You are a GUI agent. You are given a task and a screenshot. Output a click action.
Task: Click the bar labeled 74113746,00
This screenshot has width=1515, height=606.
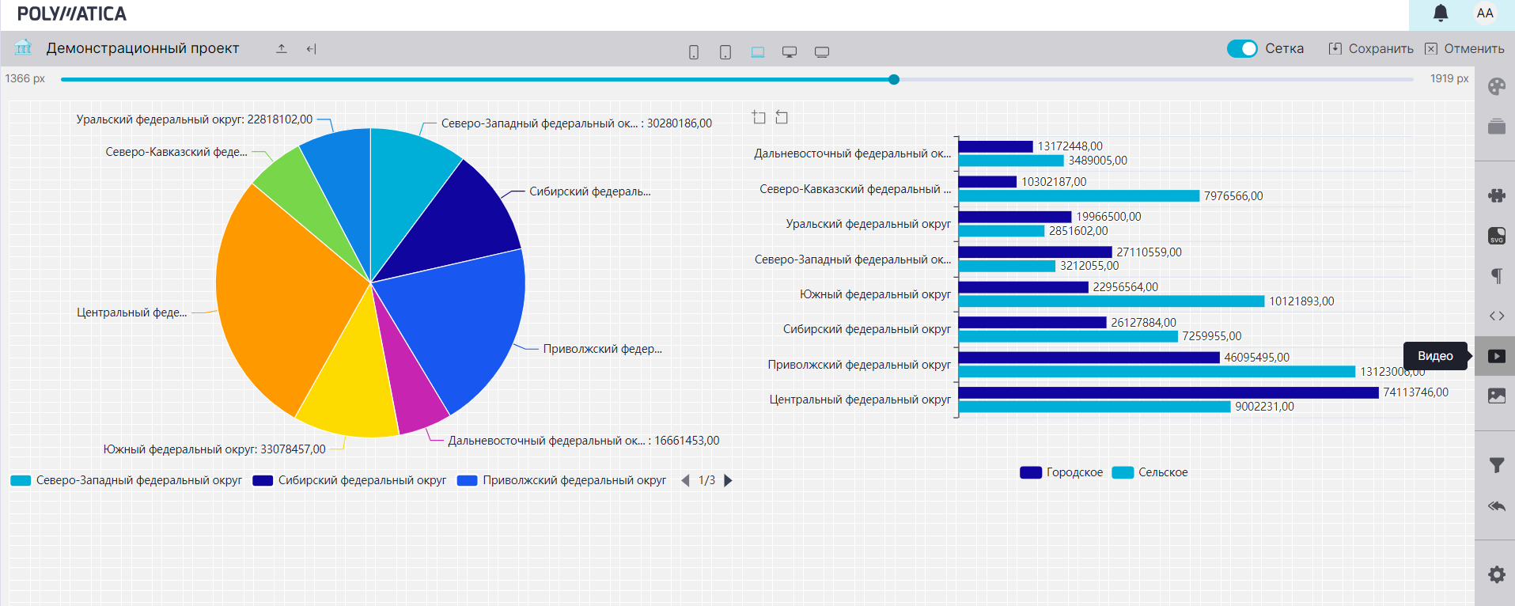(x=1168, y=392)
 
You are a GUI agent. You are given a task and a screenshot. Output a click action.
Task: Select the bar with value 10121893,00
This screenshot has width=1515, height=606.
(x=1111, y=301)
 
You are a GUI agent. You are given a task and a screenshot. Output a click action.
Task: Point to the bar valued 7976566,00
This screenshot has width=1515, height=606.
(x=1078, y=196)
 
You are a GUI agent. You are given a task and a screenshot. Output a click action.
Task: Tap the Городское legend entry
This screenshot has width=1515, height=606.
(x=1062, y=472)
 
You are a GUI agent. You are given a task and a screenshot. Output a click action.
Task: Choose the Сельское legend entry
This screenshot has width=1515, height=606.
(x=1150, y=472)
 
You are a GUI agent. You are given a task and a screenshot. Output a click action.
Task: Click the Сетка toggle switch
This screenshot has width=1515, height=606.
(x=1242, y=48)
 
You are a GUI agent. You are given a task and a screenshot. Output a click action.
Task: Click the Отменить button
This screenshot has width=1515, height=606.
(x=1465, y=48)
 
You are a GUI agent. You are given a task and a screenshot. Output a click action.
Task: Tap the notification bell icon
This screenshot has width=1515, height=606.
(x=1441, y=13)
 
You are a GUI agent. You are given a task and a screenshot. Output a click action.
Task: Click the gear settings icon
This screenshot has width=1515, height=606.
(x=1496, y=574)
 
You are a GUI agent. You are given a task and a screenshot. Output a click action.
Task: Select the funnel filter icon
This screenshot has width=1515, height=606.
(x=1496, y=465)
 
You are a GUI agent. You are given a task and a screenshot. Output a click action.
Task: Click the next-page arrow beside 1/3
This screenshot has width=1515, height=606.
(x=729, y=480)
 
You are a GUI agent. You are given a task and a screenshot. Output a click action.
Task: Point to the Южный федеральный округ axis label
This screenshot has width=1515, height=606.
(x=875, y=294)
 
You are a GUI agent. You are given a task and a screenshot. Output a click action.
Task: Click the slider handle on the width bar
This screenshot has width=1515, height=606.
(x=894, y=79)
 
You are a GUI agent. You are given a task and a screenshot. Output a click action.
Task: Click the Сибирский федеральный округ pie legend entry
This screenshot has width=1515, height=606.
(x=350, y=480)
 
